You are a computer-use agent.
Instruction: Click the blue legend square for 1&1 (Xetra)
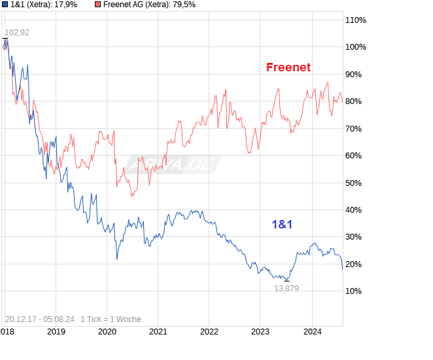tap(5, 5)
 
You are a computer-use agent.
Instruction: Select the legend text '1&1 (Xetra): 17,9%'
tap(44, 5)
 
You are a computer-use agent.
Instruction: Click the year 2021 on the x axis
tap(158, 332)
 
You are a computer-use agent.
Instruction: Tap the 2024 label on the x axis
tap(311, 332)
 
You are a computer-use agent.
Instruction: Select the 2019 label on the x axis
tap(56, 332)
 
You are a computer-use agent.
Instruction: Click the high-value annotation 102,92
tap(17, 33)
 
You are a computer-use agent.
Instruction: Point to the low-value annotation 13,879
tap(286, 288)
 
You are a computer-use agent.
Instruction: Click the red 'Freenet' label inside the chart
tap(288, 67)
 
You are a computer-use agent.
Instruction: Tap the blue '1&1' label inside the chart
tap(282, 225)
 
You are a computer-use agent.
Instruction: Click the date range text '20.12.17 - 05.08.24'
tap(39, 319)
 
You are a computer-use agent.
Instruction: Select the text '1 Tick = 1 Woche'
tap(111, 319)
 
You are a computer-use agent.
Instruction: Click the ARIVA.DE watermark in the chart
tap(173, 164)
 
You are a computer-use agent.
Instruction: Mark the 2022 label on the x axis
tap(209, 332)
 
